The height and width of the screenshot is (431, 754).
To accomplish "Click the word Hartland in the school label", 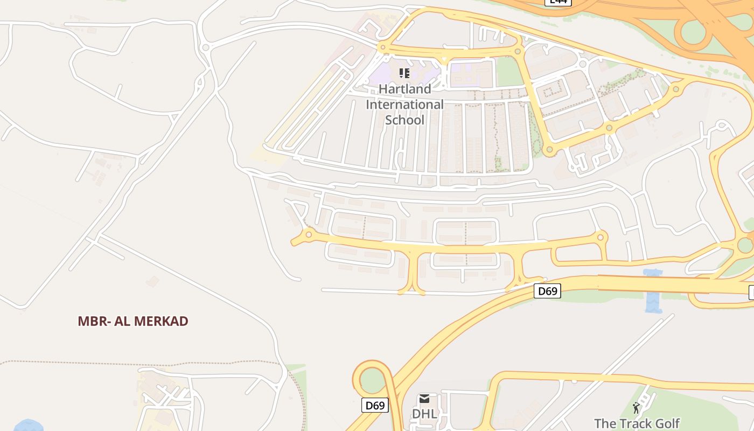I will point(404,89).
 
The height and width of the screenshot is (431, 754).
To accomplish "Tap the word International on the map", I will point(404,104).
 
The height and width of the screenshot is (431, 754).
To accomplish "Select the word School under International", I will point(404,120).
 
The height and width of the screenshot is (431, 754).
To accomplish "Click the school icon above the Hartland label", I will point(404,73).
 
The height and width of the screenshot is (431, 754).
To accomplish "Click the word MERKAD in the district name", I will point(161,322).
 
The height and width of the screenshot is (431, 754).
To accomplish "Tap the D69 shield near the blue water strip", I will point(548,291).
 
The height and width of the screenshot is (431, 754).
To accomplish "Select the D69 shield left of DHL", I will point(374,405).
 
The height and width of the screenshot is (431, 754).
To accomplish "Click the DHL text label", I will point(424,414).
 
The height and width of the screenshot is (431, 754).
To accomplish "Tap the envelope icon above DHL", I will point(424,399).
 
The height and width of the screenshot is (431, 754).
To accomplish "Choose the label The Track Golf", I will point(637,423).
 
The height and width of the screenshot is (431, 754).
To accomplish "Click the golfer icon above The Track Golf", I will point(636,408).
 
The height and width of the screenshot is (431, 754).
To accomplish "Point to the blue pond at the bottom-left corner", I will point(28,426).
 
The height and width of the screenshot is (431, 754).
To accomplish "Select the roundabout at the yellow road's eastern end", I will point(601,237).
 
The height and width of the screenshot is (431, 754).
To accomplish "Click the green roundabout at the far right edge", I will point(745,245).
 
